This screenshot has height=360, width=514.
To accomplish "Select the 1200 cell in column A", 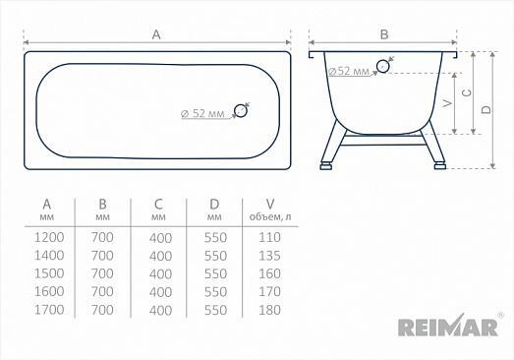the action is pos(49,237).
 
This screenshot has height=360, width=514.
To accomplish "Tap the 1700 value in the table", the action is pos(49,310).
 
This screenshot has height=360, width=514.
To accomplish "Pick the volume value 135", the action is pos(269,256).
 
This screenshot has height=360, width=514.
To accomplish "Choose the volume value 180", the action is pos(269,310).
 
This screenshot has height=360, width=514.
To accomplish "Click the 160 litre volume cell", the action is pos(269,273).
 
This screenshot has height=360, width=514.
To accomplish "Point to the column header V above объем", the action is pos(270,205).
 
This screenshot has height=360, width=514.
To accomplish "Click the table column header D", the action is pos(214,205).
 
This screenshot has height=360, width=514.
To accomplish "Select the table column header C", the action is pos(158,205).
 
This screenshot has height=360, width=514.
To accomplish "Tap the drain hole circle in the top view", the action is pos(241,110).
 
